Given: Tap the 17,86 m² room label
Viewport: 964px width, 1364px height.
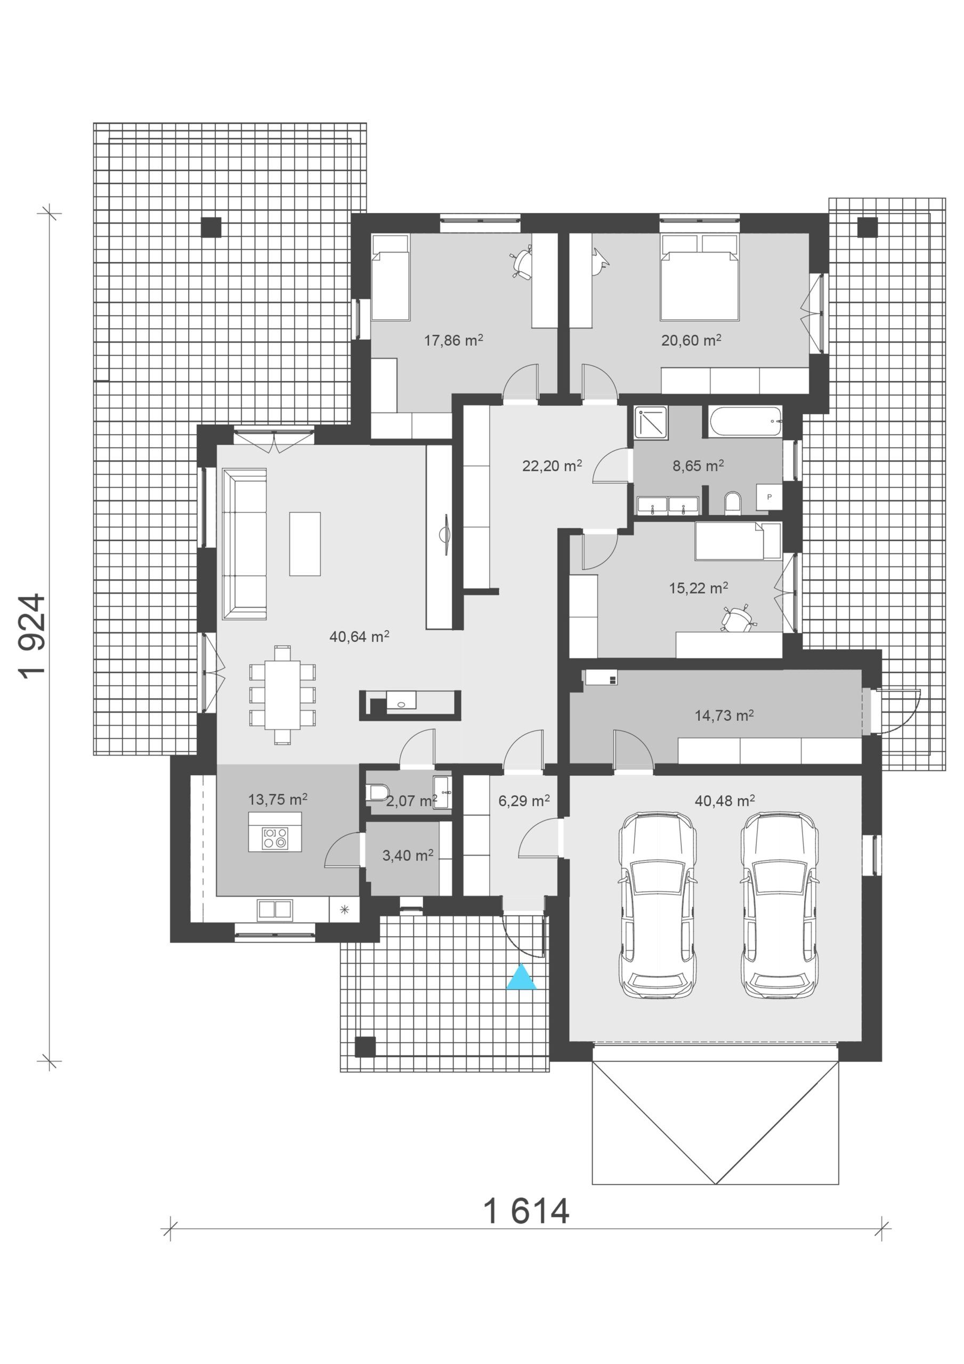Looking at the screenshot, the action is tap(453, 340).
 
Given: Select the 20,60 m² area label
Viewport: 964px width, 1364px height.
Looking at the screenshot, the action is tap(691, 340).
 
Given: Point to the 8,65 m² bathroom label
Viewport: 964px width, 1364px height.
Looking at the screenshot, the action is tap(698, 466).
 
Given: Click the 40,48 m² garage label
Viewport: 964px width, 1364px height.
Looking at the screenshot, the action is tap(725, 801).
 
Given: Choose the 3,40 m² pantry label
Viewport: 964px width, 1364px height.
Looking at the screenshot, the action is tap(407, 856).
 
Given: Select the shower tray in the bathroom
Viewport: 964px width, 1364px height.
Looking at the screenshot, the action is tap(651, 423).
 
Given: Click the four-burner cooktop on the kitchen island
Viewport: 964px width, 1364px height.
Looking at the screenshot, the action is tap(275, 838).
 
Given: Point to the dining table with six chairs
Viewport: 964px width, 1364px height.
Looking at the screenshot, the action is tap(282, 694).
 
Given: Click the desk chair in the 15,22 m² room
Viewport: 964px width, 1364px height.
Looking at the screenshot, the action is tap(738, 619).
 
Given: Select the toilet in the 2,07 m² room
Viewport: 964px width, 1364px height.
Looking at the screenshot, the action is tap(378, 792).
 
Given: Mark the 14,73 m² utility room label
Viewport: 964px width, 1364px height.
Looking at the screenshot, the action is tap(724, 715).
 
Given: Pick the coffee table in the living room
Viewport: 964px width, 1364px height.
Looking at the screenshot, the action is tap(305, 543).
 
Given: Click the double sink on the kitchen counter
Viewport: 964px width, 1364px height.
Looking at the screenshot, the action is tap(274, 909).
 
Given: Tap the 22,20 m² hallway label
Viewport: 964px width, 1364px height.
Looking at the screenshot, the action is tap(552, 466).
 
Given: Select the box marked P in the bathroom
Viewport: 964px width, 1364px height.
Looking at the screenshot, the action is tap(769, 497).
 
